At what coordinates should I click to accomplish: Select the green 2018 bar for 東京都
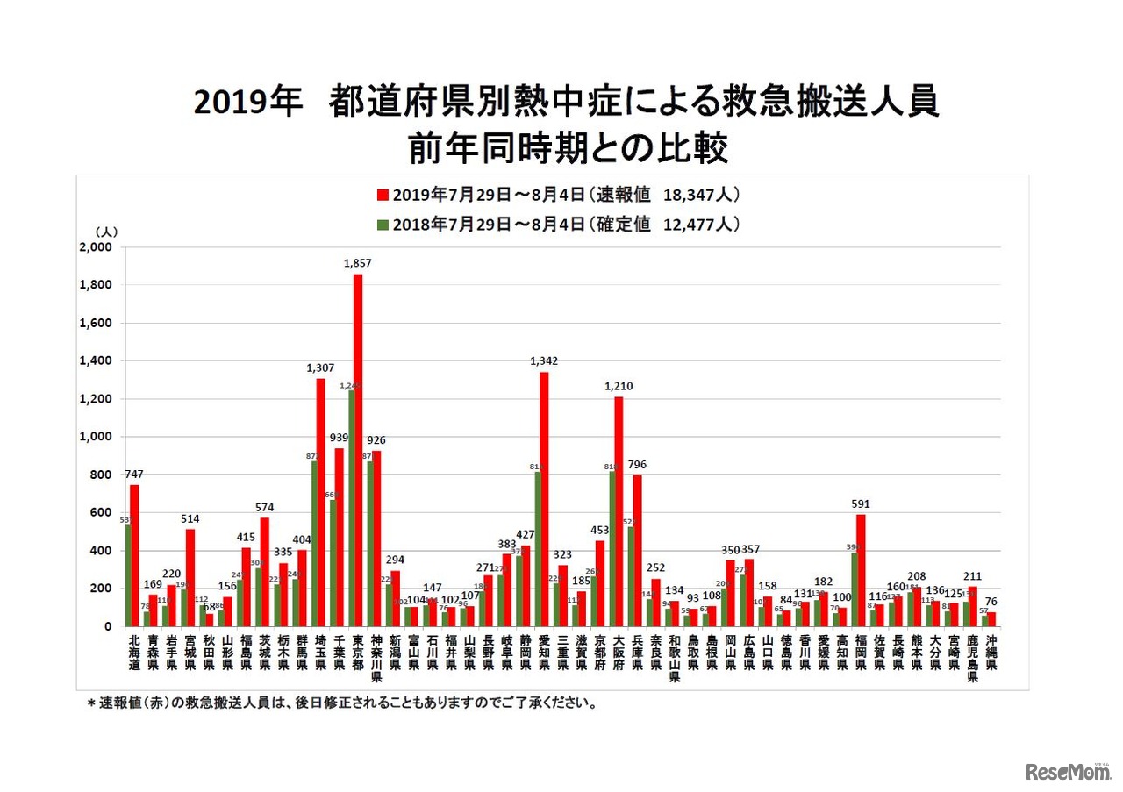tap(351, 509)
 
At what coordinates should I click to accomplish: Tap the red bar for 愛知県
tap(544, 499)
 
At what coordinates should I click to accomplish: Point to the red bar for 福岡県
tap(860, 570)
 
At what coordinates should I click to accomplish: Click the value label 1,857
tap(358, 262)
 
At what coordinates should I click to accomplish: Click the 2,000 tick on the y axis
tap(95, 247)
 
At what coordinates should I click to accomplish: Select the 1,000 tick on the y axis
tap(95, 437)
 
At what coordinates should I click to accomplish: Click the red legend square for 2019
tap(383, 195)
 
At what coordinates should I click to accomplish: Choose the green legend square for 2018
tap(383, 225)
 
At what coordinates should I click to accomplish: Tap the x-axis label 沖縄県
tap(991, 653)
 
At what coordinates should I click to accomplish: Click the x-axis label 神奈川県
tap(376, 659)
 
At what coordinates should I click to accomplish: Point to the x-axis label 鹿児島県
tap(972, 659)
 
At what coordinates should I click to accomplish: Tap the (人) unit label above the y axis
tap(106, 232)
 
